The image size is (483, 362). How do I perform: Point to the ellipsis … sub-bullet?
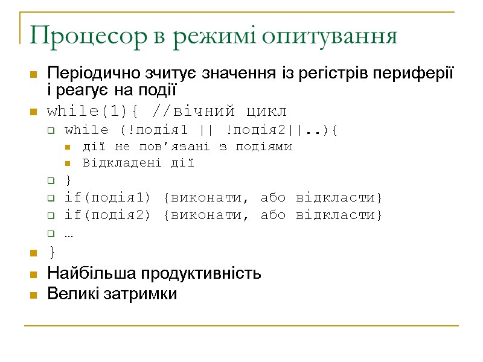point(68,233)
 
